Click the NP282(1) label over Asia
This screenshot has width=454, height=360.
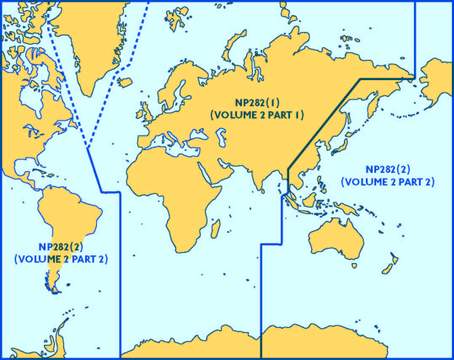point(257,102)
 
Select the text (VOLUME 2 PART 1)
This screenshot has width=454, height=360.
point(257,115)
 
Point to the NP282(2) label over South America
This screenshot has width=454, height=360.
point(61,247)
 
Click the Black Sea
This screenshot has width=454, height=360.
point(198,135)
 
